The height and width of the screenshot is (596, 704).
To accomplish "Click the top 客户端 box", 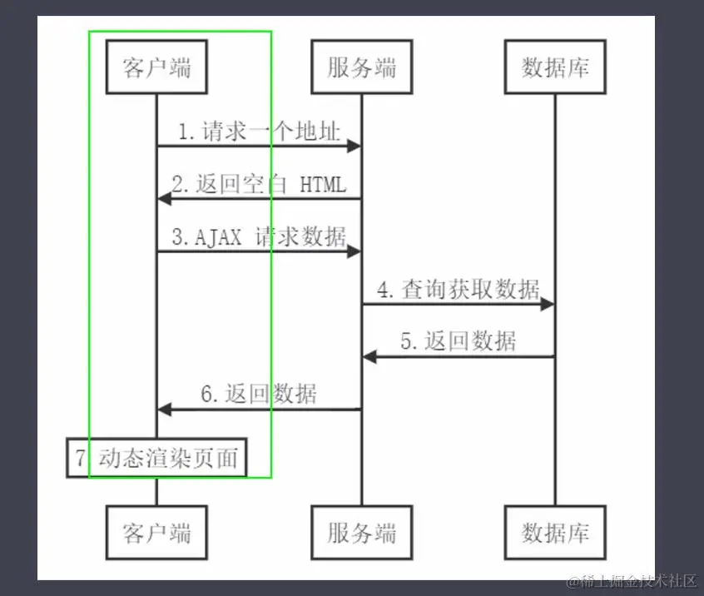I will tap(156, 67).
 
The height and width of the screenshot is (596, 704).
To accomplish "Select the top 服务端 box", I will tap(361, 67).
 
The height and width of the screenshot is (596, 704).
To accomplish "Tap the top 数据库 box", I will tap(555, 67).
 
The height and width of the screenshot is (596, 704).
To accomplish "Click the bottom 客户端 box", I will tap(156, 532).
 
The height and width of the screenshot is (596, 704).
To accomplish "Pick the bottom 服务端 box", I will tap(361, 532).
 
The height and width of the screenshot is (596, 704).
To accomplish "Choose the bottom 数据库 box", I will tap(555, 532).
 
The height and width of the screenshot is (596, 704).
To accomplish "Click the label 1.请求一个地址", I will tap(259, 132).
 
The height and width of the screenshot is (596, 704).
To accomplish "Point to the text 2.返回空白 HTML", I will tap(259, 184).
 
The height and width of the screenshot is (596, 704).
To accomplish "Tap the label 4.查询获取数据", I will tap(458, 290).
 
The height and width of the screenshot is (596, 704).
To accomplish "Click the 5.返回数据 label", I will tap(458, 341).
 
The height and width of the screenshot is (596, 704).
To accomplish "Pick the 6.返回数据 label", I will tap(259, 394).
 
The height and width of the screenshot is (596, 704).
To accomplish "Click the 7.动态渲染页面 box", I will tap(156, 458).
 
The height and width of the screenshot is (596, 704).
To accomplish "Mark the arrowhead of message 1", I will tap(354, 147).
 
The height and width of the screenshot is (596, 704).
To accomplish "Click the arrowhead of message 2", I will tap(164, 198).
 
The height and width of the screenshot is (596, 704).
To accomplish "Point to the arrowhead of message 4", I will tap(548, 305).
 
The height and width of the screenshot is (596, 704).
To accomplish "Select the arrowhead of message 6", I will tap(164, 409).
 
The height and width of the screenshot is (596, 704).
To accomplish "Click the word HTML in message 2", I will tap(323, 185).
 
